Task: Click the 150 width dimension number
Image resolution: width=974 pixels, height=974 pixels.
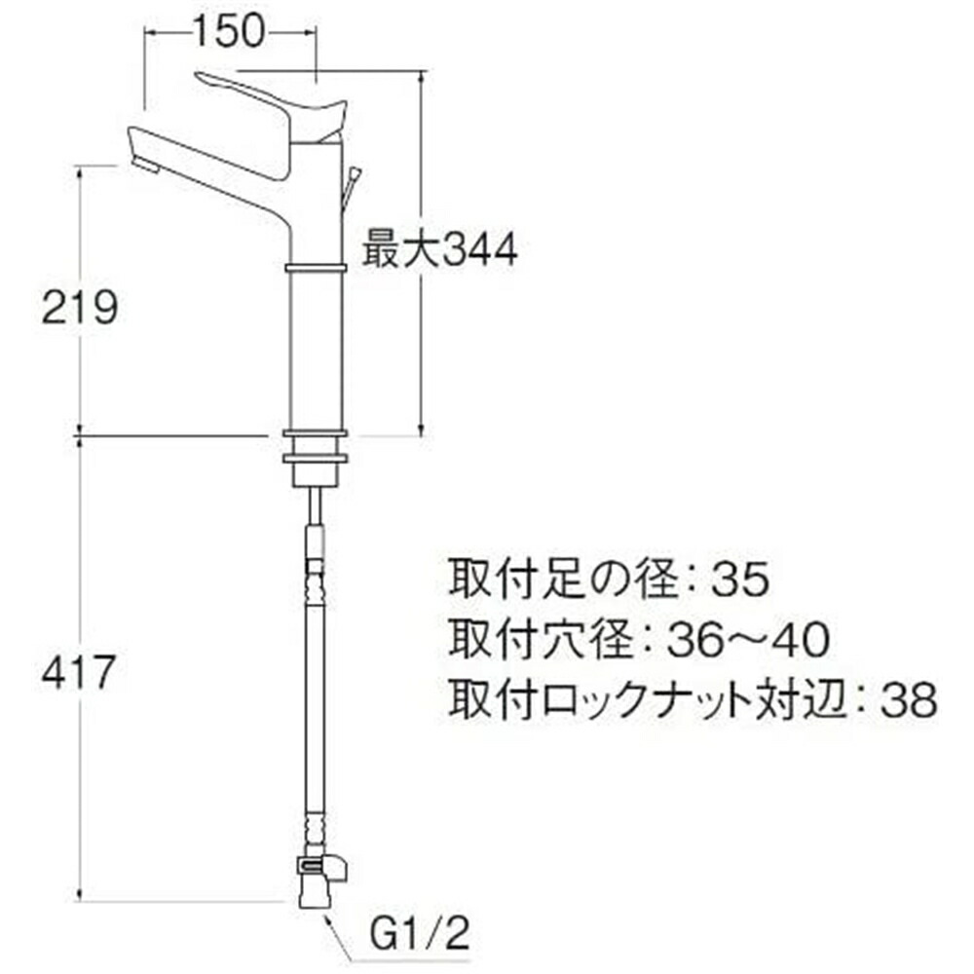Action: click(228, 33)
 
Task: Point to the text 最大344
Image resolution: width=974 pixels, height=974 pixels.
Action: click(440, 251)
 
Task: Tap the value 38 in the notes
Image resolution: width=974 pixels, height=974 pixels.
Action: click(908, 698)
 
